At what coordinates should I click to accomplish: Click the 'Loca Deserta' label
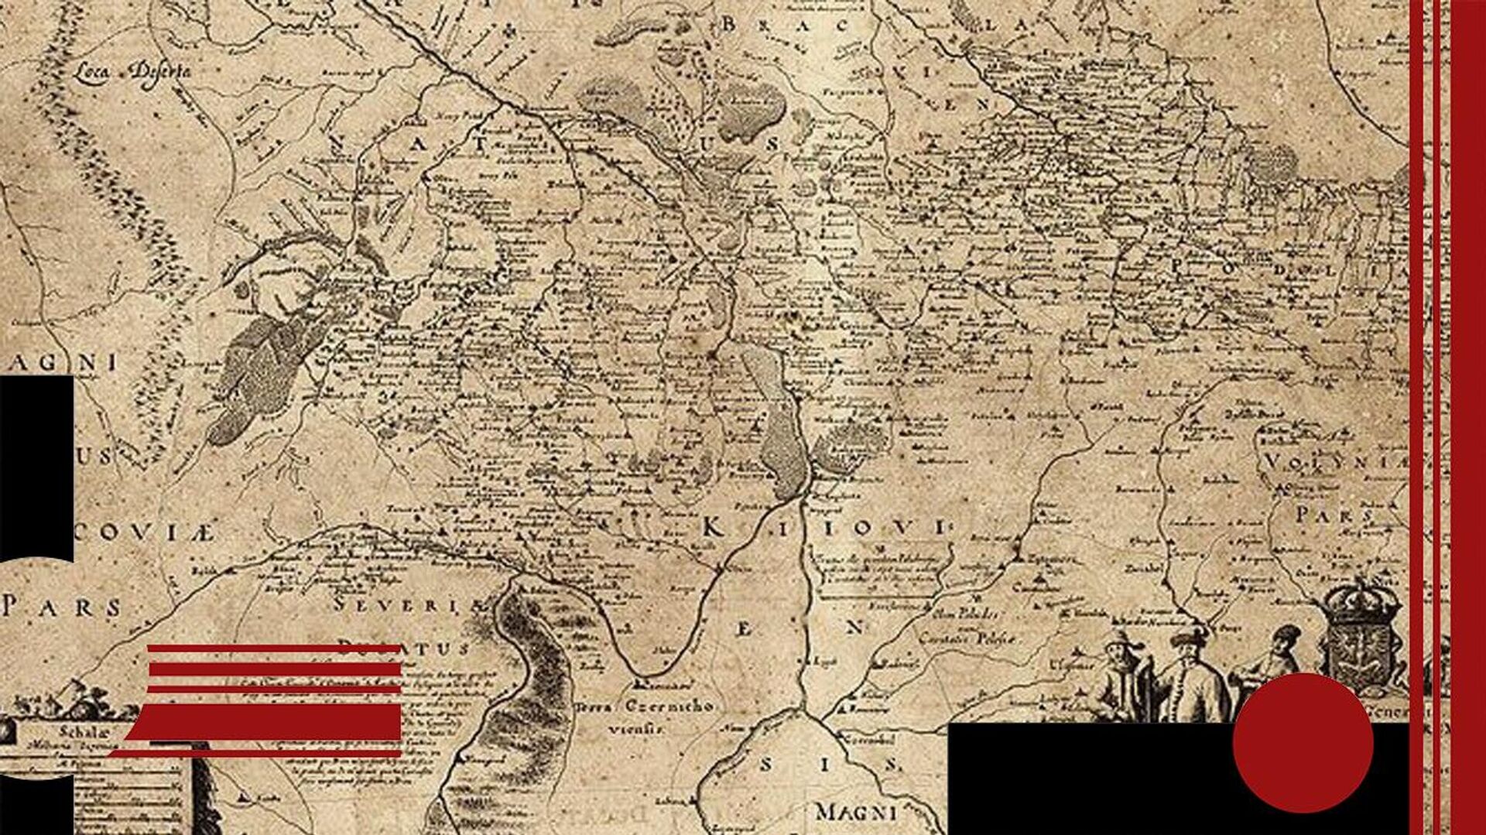tap(133, 71)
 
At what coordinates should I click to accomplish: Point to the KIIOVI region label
tap(825, 529)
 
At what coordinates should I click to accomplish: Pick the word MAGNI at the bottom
tap(856, 813)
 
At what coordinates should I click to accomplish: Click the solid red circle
tap(1303, 743)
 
